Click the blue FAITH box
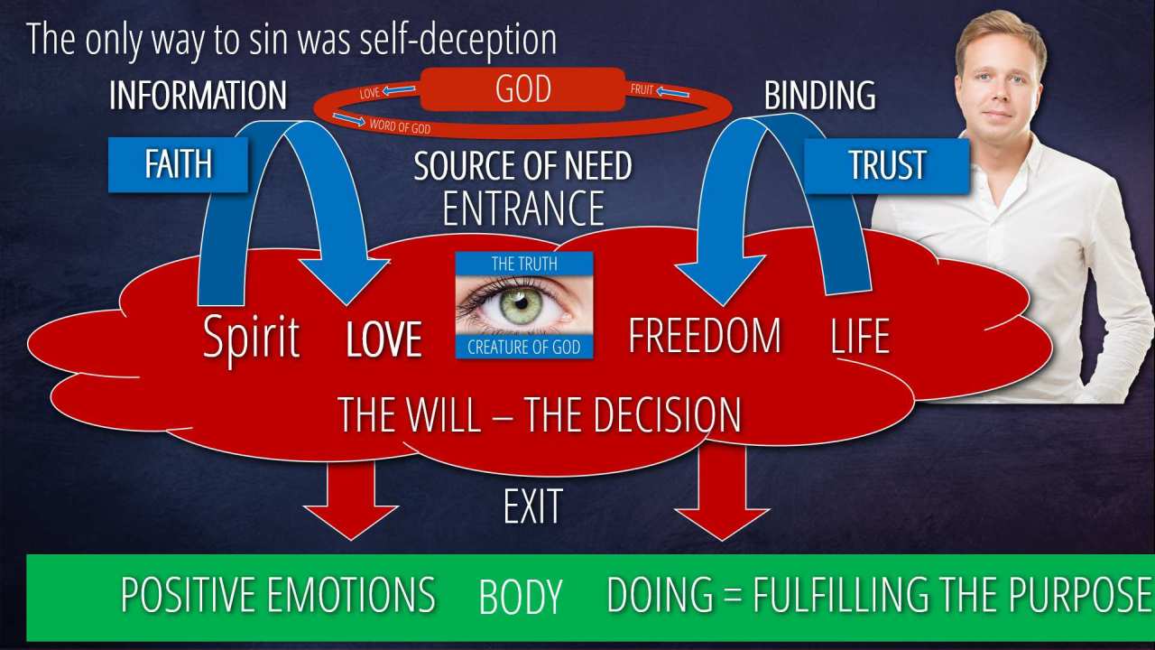click(x=178, y=164)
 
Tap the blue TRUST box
click(x=886, y=165)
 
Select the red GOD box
click(x=522, y=89)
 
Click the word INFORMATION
click(x=198, y=96)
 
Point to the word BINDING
click(x=819, y=96)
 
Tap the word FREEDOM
click(x=705, y=336)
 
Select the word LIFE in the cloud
click(x=859, y=336)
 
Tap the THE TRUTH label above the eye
click(x=523, y=264)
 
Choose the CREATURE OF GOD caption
click(x=523, y=348)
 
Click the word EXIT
click(x=532, y=506)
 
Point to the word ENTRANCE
click(x=523, y=208)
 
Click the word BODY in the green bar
click(x=521, y=598)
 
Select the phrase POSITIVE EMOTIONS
click(x=278, y=596)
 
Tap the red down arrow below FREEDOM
click(x=722, y=493)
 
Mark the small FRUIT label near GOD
click(x=642, y=90)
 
